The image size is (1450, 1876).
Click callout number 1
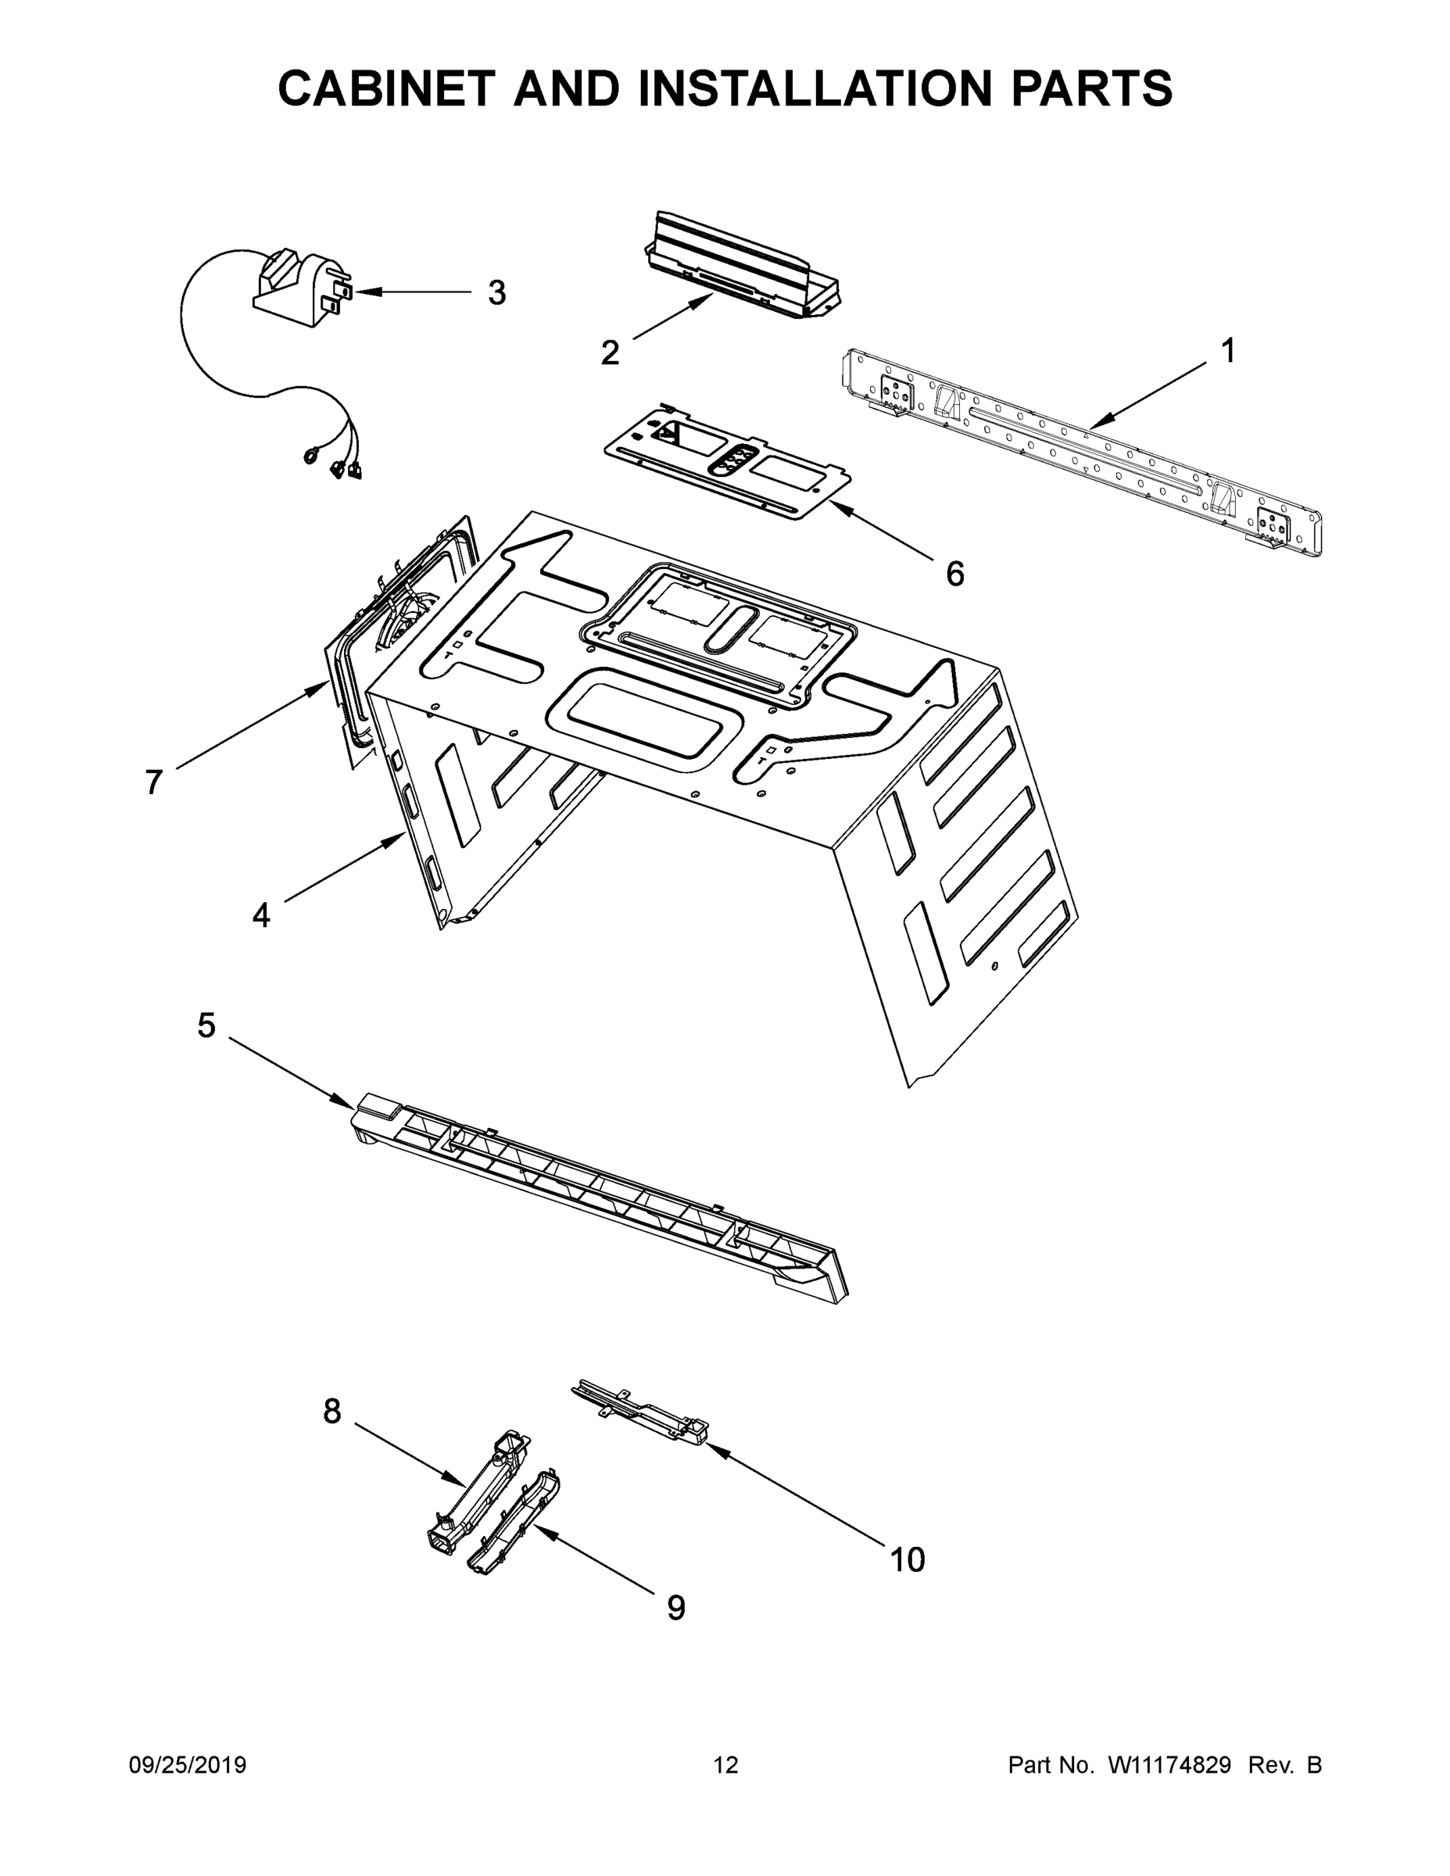point(1227,350)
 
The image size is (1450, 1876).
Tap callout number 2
point(609,353)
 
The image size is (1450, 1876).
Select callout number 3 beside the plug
point(496,293)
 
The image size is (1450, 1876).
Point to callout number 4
point(261,915)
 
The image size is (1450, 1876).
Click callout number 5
point(206,1025)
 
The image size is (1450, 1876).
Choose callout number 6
point(954,573)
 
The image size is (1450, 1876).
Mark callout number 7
point(154,782)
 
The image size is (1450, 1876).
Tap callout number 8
point(332,1411)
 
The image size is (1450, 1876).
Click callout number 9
point(676,1608)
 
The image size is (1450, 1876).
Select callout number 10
point(907,1560)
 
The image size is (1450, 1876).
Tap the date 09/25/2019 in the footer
point(188,1764)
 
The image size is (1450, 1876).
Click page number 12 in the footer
point(726,1764)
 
